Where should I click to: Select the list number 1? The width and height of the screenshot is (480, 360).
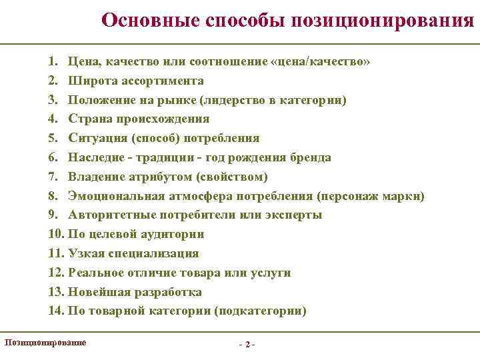(x=53, y=62)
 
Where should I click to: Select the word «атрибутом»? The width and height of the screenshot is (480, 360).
(x=158, y=177)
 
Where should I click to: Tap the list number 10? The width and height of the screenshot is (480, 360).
(x=55, y=235)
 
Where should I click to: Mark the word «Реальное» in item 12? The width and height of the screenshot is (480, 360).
(x=96, y=273)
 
